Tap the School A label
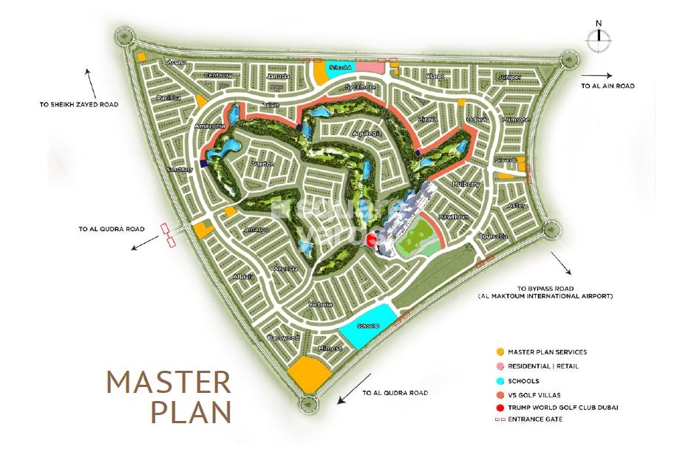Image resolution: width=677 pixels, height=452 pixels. click(x=340, y=67)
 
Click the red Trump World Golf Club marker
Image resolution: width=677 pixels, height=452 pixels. click(x=372, y=240)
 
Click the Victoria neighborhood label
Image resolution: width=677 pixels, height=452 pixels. click(x=321, y=304)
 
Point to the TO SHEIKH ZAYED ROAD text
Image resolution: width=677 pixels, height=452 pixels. click(x=79, y=104)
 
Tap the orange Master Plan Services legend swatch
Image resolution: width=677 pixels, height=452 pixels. click(x=500, y=352)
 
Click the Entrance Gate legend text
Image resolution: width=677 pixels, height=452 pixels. click(x=535, y=420)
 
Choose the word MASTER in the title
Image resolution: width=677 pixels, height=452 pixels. click(x=169, y=383)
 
